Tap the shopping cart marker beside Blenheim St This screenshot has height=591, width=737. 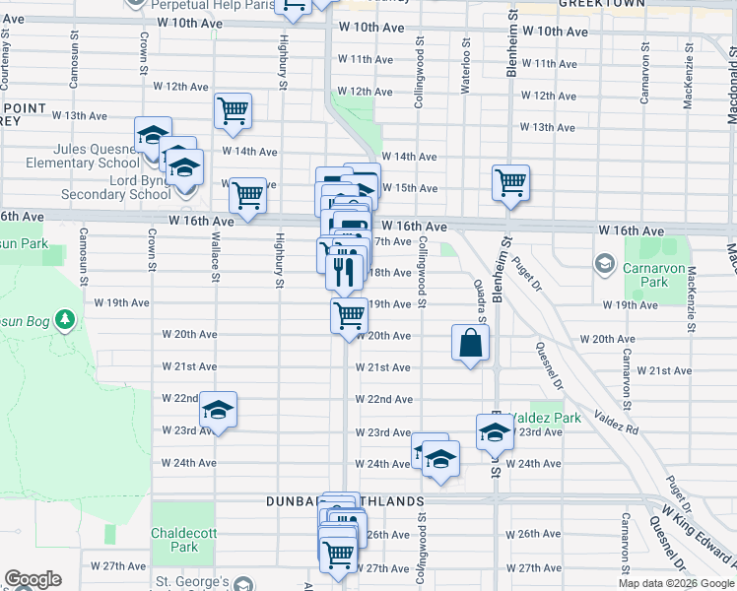510,182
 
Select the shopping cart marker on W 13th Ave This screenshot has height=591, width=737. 233,110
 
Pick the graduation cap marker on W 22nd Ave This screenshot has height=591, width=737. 218,411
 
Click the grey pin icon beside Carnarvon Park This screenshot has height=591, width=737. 603,264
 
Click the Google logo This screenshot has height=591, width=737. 33,579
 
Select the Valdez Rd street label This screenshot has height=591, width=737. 617,426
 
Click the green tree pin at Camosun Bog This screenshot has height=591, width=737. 64,319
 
